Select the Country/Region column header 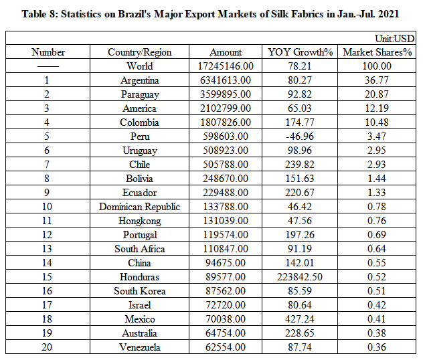(x=140, y=52)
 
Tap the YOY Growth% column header (x=301, y=52)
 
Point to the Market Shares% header (x=377, y=52)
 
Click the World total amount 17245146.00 (x=226, y=66)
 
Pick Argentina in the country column (x=140, y=80)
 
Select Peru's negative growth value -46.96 (x=301, y=137)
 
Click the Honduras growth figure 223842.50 (x=301, y=277)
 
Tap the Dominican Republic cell (x=140, y=207)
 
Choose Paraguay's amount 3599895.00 (x=226, y=94)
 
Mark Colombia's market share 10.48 (x=377, y=122)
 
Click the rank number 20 (x=48, y=347)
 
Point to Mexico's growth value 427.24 (x=301, y=319)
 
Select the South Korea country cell (x=140, y=291)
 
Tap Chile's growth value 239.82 (x=301, y=165)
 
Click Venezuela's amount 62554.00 (x=226, y=347)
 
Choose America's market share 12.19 (x=377, y=108)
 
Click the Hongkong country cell (x=140, y=221)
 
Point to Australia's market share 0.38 (x=377, y=333)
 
